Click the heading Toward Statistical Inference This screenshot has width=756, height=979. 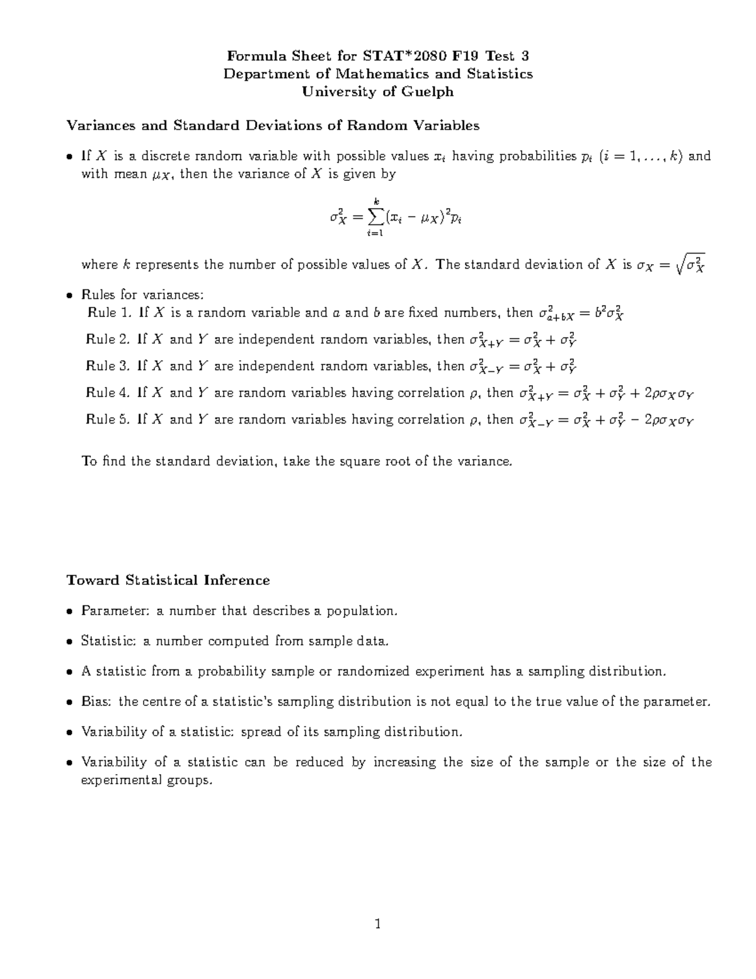tap(168, 580)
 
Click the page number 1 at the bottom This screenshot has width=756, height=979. tap(377, 925)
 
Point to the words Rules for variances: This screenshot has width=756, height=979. tap(143, 294)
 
